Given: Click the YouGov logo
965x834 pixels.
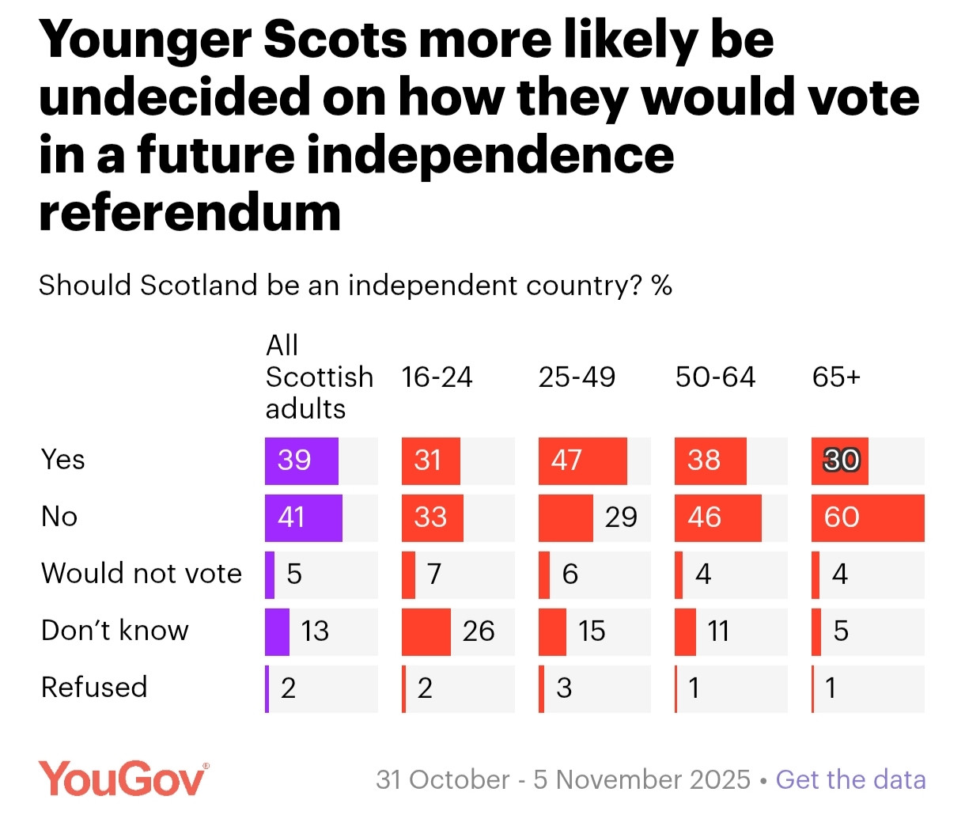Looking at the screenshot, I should point(123,779).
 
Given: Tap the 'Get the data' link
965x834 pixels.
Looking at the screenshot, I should point(850,779).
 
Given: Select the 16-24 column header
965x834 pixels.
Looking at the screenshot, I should point(437,377).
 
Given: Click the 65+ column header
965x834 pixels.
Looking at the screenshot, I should point(836,377).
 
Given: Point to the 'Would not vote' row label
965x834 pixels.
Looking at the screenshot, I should point(142,573).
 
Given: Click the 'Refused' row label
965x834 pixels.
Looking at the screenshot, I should point(94,687).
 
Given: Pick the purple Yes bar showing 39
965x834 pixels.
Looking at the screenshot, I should point(301,461).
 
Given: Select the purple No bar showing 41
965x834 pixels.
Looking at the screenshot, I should point(303,517).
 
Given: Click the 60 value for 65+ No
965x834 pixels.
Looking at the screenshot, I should point(841,517).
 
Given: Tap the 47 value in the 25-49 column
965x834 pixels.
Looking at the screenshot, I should point(566,461).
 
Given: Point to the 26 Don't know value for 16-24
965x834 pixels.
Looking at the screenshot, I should point(479,631).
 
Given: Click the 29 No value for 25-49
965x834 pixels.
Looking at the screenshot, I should point(621,517).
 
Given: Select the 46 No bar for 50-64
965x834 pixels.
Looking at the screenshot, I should point(717,517).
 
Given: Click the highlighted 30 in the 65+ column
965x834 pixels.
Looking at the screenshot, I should point(841,461).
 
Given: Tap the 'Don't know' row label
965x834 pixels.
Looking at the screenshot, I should point(115,631).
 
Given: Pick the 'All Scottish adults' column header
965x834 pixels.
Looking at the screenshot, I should point(319,377).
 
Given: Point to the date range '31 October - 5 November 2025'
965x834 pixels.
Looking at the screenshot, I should point(562,779).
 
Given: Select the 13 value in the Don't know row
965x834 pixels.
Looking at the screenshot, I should point(315,631).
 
